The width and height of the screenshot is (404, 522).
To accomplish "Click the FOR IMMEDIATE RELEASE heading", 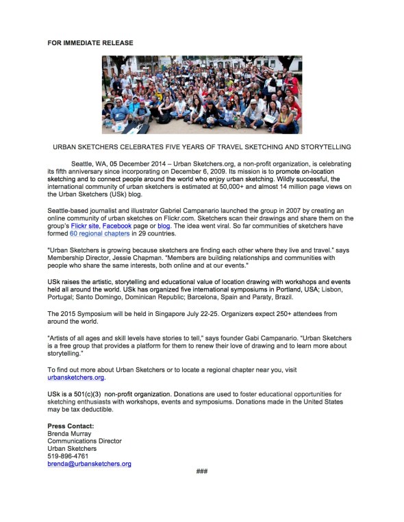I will click(x=90, y=43).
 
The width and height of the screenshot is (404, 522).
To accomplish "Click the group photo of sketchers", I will click(x=201, y=94).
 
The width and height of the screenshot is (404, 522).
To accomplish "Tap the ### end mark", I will click(x=201, y=471).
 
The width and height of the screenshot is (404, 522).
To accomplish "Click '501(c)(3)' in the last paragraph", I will click(x=87, y=394).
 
